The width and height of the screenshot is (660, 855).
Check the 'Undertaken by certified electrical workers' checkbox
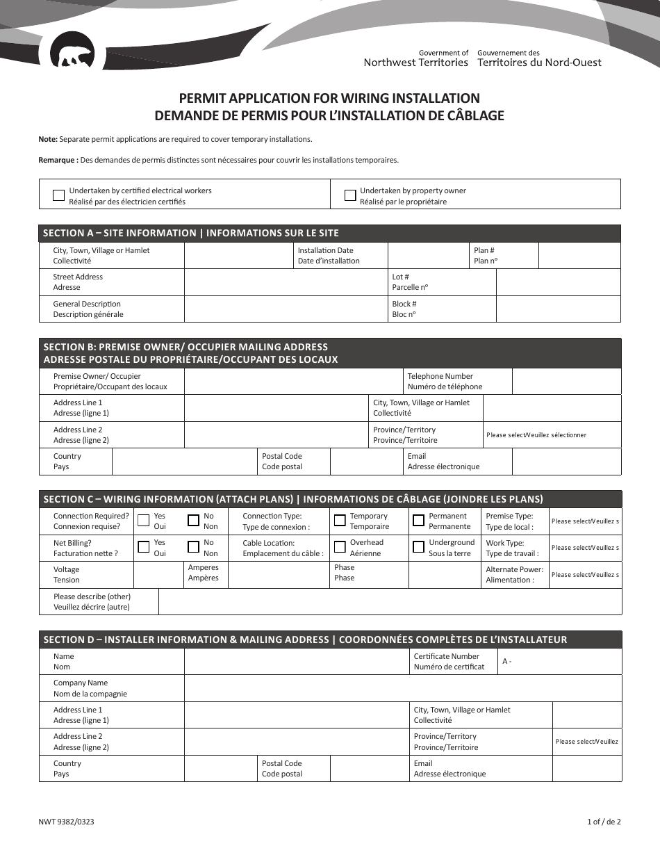pyautogui.click(x=59, y=195)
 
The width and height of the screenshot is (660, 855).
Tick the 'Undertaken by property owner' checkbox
pyautogui.click(x=350, y=195)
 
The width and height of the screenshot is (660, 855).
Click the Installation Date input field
pyautogui.click(x=428, y=255)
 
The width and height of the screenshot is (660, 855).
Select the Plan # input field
pyautogui.click(x=579, y=255)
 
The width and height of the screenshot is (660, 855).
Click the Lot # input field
pyautogui.click(x=559, y=282)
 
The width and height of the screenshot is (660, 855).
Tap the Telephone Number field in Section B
pyautogui.click(x=566, y=382)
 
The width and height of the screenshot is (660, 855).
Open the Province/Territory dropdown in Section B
pyautogui.click(x=552, y=435)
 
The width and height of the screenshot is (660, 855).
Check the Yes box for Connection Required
pyautogui.click(x=143, y=521)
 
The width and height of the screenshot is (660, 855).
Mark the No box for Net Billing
pyautogui.click(x=194, y=547)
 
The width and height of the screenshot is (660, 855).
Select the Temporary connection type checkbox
pyautogui.click(x=340, y=521)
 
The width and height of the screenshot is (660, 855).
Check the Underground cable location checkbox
pyautogui.click(x=418, y=547)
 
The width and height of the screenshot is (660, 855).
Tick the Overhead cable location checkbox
pyautogui.click(x=340, y=547)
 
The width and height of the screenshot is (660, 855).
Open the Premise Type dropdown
pyautogui.click(x=585, y=521)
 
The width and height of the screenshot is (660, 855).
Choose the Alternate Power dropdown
pyautogui.click(x=585, y=575)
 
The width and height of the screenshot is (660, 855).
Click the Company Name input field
pyautogui.click(x=402, y=688)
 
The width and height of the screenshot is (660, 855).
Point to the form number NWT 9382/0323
pyautogui.click(x=67, y=822)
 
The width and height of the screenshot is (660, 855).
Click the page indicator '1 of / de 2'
pyautogui.click(x=603, y=822)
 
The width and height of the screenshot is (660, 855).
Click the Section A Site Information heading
pyautogui.click(x=191, y=233)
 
